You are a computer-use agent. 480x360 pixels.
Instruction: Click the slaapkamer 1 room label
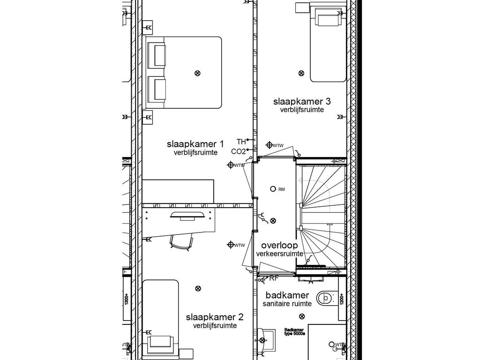(x=195, y=143)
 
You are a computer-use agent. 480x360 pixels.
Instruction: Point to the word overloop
(x=279, y=245)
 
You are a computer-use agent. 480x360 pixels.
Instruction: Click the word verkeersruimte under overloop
(x=279, y=254)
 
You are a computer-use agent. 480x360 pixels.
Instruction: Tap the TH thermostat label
(x=241, y=141)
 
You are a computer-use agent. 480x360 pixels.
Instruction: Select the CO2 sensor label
(x=238, y=151)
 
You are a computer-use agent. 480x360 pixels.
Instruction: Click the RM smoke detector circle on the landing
(x=273, y=188)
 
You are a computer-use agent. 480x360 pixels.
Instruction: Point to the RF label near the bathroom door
(x=274, y=278)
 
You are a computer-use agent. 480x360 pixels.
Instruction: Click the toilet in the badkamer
(x=325, y=297)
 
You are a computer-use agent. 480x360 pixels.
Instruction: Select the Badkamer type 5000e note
(x=294, y=332)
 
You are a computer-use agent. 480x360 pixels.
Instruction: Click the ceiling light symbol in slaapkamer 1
(x=197, y=73)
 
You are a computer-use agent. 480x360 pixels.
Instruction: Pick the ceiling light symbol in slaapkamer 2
(x=198, y=288)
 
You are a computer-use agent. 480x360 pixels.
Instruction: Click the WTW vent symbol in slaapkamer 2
(x=230, y=245)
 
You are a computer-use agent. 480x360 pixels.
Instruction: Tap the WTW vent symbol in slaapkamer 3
(x=270, y=145)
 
